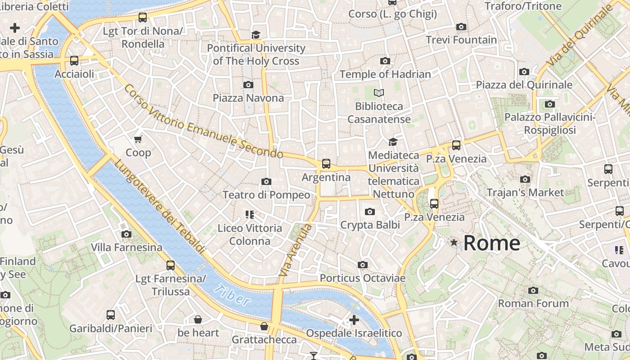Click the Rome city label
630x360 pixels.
491,243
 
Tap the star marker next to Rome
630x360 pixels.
454,243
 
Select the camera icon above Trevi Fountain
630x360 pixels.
461,27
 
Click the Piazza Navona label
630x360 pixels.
248,98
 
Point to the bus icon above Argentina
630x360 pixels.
326,164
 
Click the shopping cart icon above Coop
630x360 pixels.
138,139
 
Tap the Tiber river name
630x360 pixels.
232,296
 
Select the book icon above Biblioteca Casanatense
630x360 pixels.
379,93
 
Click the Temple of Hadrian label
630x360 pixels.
385,74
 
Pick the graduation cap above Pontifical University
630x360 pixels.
256,35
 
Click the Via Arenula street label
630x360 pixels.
295,250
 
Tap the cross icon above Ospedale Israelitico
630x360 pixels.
354,320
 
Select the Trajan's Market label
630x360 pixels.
525,193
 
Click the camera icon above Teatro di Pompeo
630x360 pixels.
266,182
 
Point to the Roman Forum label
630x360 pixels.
533,304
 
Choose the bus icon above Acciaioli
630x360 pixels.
74,61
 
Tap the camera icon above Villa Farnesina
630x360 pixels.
126,234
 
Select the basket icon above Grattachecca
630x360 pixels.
264,326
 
